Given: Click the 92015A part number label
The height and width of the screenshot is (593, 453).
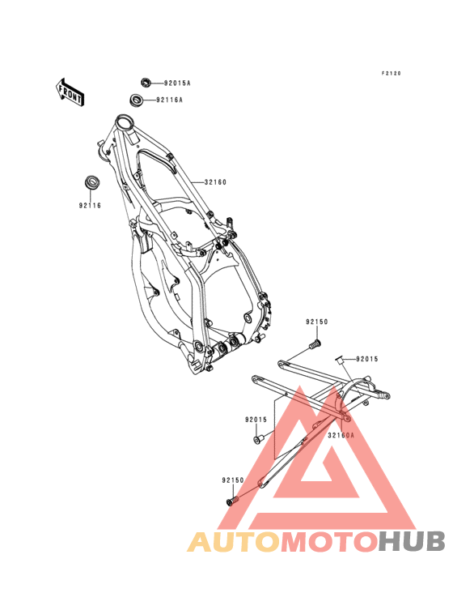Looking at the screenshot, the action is [177, 83].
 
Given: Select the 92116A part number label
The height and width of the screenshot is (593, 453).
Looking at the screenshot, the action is [169, 100].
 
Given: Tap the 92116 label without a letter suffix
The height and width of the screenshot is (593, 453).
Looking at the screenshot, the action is [90, 206].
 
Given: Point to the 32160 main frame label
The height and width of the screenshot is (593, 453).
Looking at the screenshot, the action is [215, 182].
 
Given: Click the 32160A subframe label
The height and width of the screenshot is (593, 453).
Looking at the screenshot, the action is [341, 435].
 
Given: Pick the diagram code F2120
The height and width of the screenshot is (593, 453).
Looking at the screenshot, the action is [391, 74].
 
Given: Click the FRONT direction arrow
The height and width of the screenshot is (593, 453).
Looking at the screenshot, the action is [70, 93].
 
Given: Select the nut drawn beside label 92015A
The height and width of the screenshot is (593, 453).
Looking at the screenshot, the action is [146, 82].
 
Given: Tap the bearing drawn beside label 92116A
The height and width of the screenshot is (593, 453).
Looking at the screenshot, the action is [136, 100].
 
